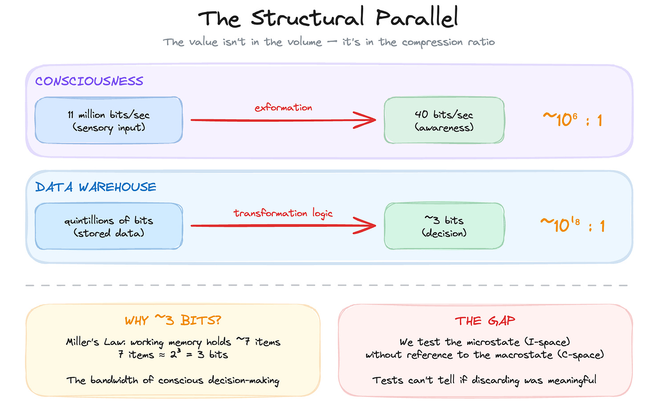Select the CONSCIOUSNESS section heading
89,81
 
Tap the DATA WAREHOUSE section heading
96,187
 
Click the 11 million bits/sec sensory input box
109,121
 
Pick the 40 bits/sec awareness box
444,121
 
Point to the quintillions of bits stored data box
109,226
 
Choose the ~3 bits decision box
444,226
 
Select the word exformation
283,107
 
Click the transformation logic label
283,213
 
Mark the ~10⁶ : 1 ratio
572,120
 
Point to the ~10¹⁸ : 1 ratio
572,225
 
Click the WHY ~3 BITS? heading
173,320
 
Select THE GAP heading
485,321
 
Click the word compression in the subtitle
426,42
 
